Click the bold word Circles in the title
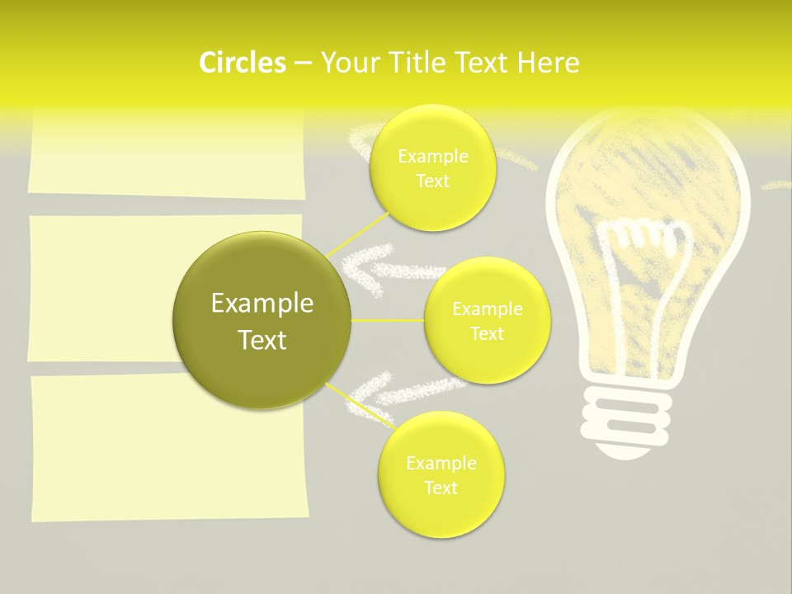[x=242, y=63]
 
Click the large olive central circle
[x=262, y=321]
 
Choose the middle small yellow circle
[x=487, y=321]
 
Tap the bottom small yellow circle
[x=441, y=475]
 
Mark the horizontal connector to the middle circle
[x=388, y=320]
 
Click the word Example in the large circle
[x=262, y=304]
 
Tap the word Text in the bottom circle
[x=441, y=488]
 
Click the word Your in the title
[x=347, y=63]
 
